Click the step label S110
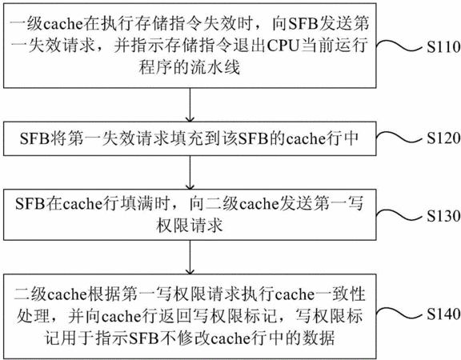click(443, 47)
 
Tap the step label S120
click(443, 138)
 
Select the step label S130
click(443, 216)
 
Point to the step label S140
click(443, 314)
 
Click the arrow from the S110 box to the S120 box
click(190, 105)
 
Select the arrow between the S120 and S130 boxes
click(190, 173)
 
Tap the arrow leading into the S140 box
click(190, 257)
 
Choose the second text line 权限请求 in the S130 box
click(190, 226)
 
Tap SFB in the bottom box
click(144, 338)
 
